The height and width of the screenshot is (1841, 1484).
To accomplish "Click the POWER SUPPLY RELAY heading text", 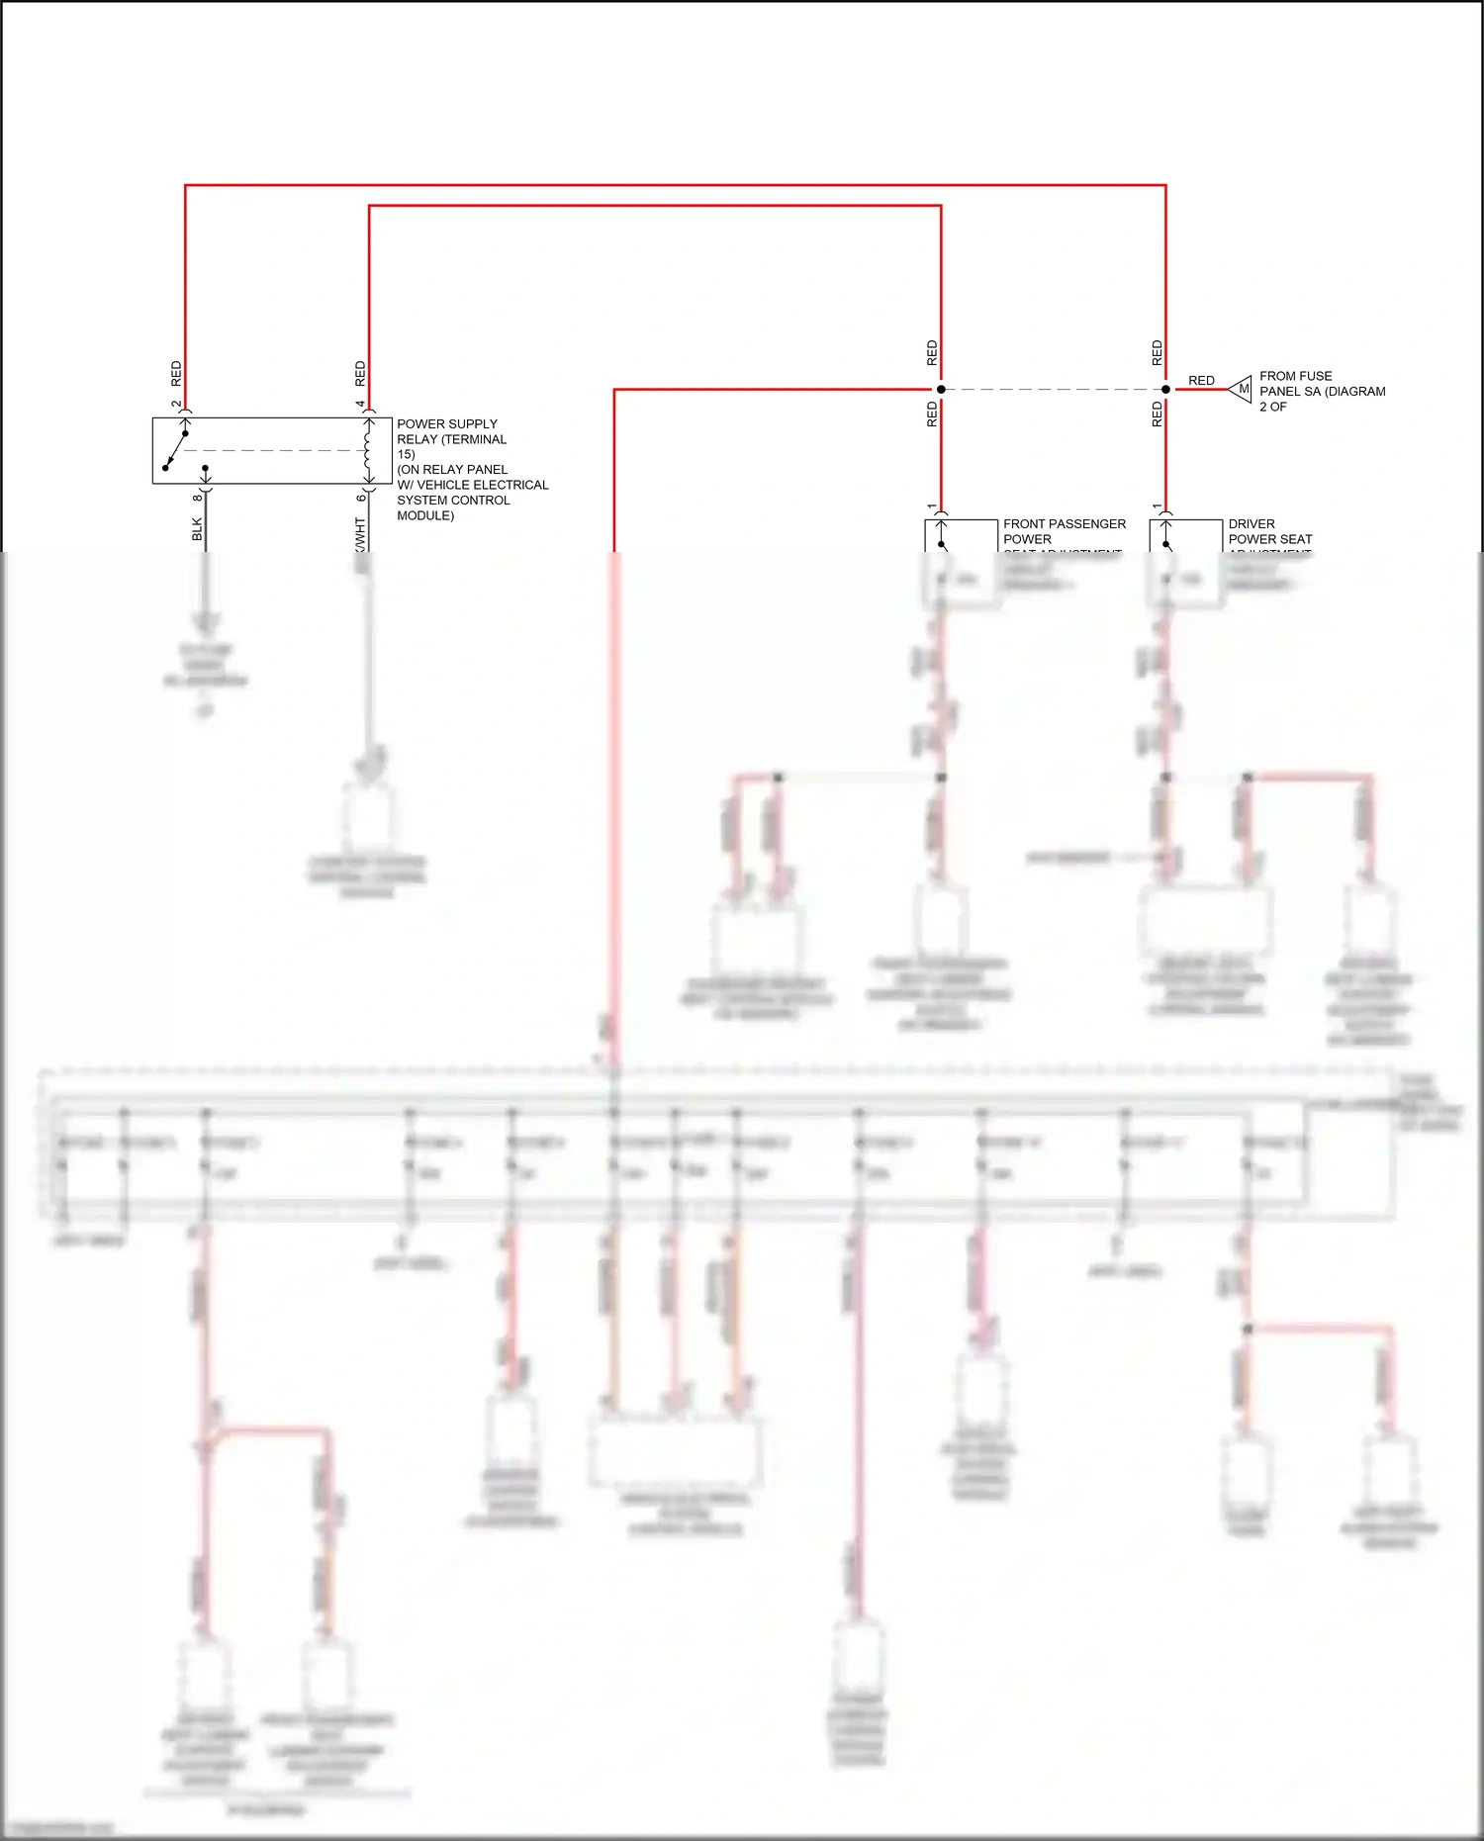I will coord(447,423).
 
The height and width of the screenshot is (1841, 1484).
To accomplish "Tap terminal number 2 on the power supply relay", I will coord(176,405).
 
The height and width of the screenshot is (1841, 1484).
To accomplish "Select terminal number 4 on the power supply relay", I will coord(360,405).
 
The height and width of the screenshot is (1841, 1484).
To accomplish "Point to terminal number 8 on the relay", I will coord(197,497).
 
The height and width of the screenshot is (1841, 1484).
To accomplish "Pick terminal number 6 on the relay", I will coord(361,497).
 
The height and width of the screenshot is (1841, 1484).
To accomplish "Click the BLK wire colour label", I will coord(197,529).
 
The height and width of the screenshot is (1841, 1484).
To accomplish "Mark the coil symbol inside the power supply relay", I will coord(368,450).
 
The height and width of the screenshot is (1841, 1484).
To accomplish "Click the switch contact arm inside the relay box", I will coord(175,450).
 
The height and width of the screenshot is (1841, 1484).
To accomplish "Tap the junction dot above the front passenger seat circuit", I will coord(941,390).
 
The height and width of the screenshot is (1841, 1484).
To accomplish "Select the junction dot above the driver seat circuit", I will coord(1165,390).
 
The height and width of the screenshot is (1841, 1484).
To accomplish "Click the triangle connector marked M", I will coord(1242,390).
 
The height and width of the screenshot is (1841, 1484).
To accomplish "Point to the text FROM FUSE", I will coord(1295,376).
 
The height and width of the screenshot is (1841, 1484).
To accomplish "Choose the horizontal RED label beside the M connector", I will coord(1201,381).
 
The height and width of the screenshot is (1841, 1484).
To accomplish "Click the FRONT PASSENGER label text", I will coord(1065,524).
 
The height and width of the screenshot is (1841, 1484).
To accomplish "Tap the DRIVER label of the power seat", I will coord(1252,524).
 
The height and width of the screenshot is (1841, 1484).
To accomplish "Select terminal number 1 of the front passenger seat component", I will coord(932,507).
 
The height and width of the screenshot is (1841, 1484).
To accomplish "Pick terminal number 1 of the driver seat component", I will coord(1157,507).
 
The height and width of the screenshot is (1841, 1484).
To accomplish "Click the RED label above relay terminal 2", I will coord(176,373).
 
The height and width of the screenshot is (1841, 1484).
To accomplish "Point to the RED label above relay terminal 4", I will coord(360,373).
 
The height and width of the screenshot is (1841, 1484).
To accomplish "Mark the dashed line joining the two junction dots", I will coord(1054,390).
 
